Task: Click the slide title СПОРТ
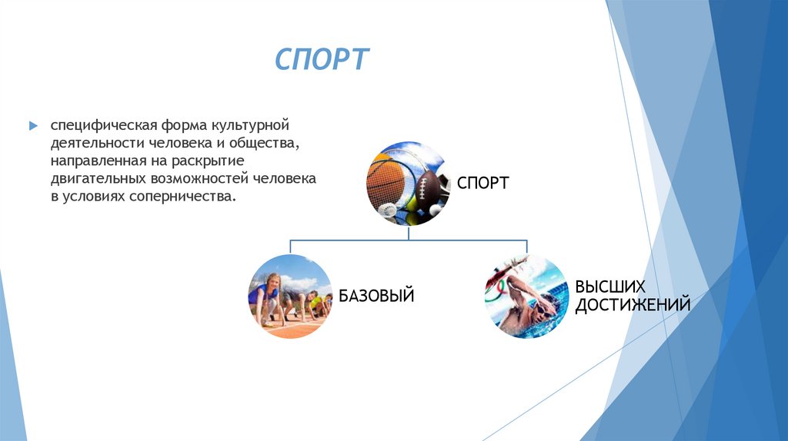[322, 60]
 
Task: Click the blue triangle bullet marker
[33, 125]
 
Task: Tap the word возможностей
[199, 179]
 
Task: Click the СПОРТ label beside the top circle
[482, 183]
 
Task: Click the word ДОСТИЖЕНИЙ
[632, 304]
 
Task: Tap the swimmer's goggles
[543, 308]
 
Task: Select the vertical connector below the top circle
[406, 233]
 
